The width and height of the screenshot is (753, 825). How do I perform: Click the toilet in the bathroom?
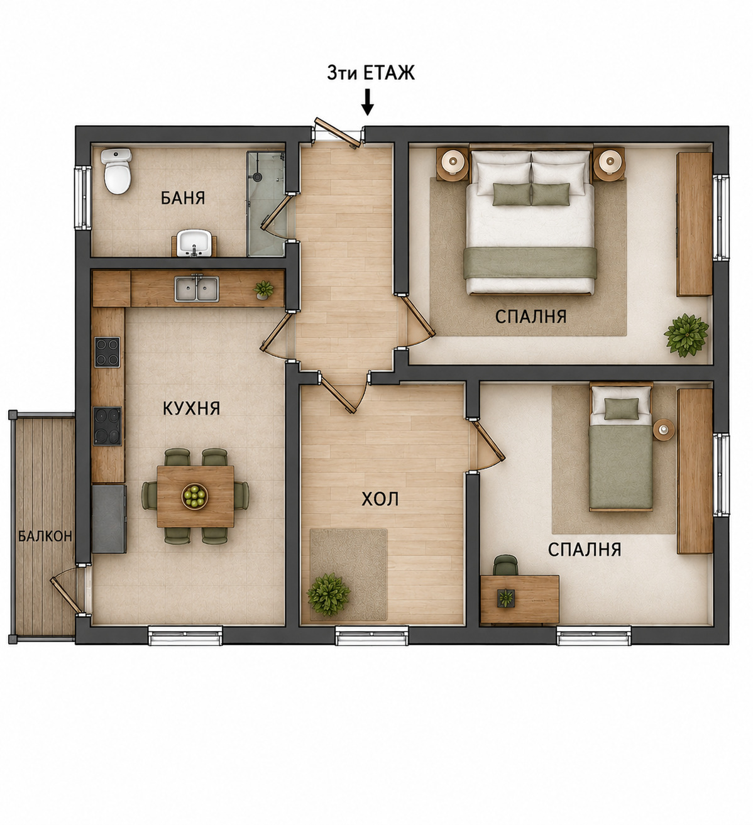(x=117, y=171)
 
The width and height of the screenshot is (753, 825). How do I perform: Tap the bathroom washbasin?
(x=194, y=243)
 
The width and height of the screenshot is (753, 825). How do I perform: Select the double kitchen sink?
(x=196, y=288)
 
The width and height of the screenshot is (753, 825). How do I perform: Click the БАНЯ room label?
(x=183, y=198)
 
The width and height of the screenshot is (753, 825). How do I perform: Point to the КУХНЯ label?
(x=191, y=408)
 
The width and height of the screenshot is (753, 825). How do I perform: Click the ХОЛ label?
(x=380, y=500)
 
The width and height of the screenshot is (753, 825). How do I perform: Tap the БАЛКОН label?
(x=45, y=536)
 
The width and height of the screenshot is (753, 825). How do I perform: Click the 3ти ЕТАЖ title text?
(x=371, y=74)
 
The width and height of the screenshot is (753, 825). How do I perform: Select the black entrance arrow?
(x=368, y=102)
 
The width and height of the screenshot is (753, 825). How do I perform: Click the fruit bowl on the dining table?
(x=195, y=496)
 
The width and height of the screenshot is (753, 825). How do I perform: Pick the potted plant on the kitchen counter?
(x=263, y=290)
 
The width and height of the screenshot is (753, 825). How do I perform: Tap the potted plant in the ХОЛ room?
(x=328, y=594)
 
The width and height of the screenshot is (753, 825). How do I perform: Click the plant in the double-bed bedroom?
(x=686, y=335)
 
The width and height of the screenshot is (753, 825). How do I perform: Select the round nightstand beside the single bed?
(x=663, y=430)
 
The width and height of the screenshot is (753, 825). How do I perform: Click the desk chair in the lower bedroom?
(x=505, y=565)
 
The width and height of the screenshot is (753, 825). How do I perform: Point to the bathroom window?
(x=83, y=198)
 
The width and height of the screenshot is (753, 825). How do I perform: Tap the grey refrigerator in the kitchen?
(x=109, y=518)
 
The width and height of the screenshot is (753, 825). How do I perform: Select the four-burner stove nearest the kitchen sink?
(x=107, y=352)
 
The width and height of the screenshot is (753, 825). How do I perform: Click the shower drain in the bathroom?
(x=258, y=177)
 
